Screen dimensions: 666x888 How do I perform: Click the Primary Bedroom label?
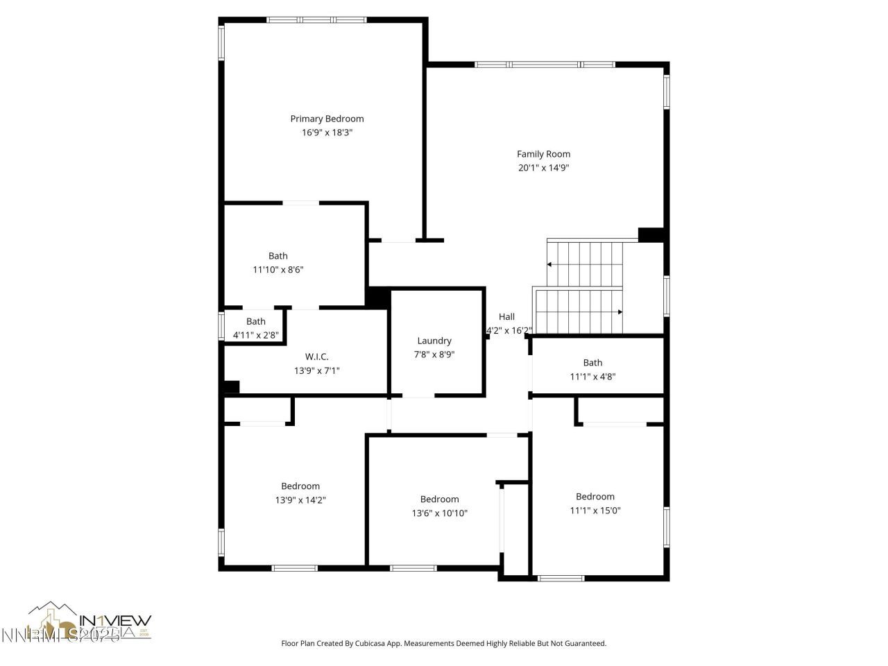click(327, 119)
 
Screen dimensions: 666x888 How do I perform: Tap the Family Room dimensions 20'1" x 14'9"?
click(543, 167)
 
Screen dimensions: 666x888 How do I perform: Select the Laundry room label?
click(434, 341)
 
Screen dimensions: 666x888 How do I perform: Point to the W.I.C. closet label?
click(316, 357)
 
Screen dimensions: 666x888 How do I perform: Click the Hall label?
click(506, 317)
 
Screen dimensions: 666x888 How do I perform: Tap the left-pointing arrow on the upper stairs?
click(549, 264)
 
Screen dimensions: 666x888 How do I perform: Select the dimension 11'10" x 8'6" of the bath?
click(277, 269)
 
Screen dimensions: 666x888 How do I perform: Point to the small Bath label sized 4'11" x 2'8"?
click(256, 321)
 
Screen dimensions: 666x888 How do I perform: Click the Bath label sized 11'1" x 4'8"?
click(592, 363)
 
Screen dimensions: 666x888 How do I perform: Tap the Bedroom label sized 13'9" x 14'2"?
click(300, 486)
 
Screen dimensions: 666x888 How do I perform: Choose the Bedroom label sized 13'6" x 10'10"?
click(439, 499)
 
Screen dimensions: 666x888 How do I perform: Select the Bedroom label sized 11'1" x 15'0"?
click(595, 497)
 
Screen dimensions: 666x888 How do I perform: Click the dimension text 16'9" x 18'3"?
click(327, 133)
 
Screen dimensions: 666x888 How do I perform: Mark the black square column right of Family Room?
click(650, 235)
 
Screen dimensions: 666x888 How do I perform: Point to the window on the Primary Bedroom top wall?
click(316, 20)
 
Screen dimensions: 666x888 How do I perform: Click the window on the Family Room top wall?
click(545, 65)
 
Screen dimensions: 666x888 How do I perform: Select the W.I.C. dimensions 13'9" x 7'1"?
click(316, 370)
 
